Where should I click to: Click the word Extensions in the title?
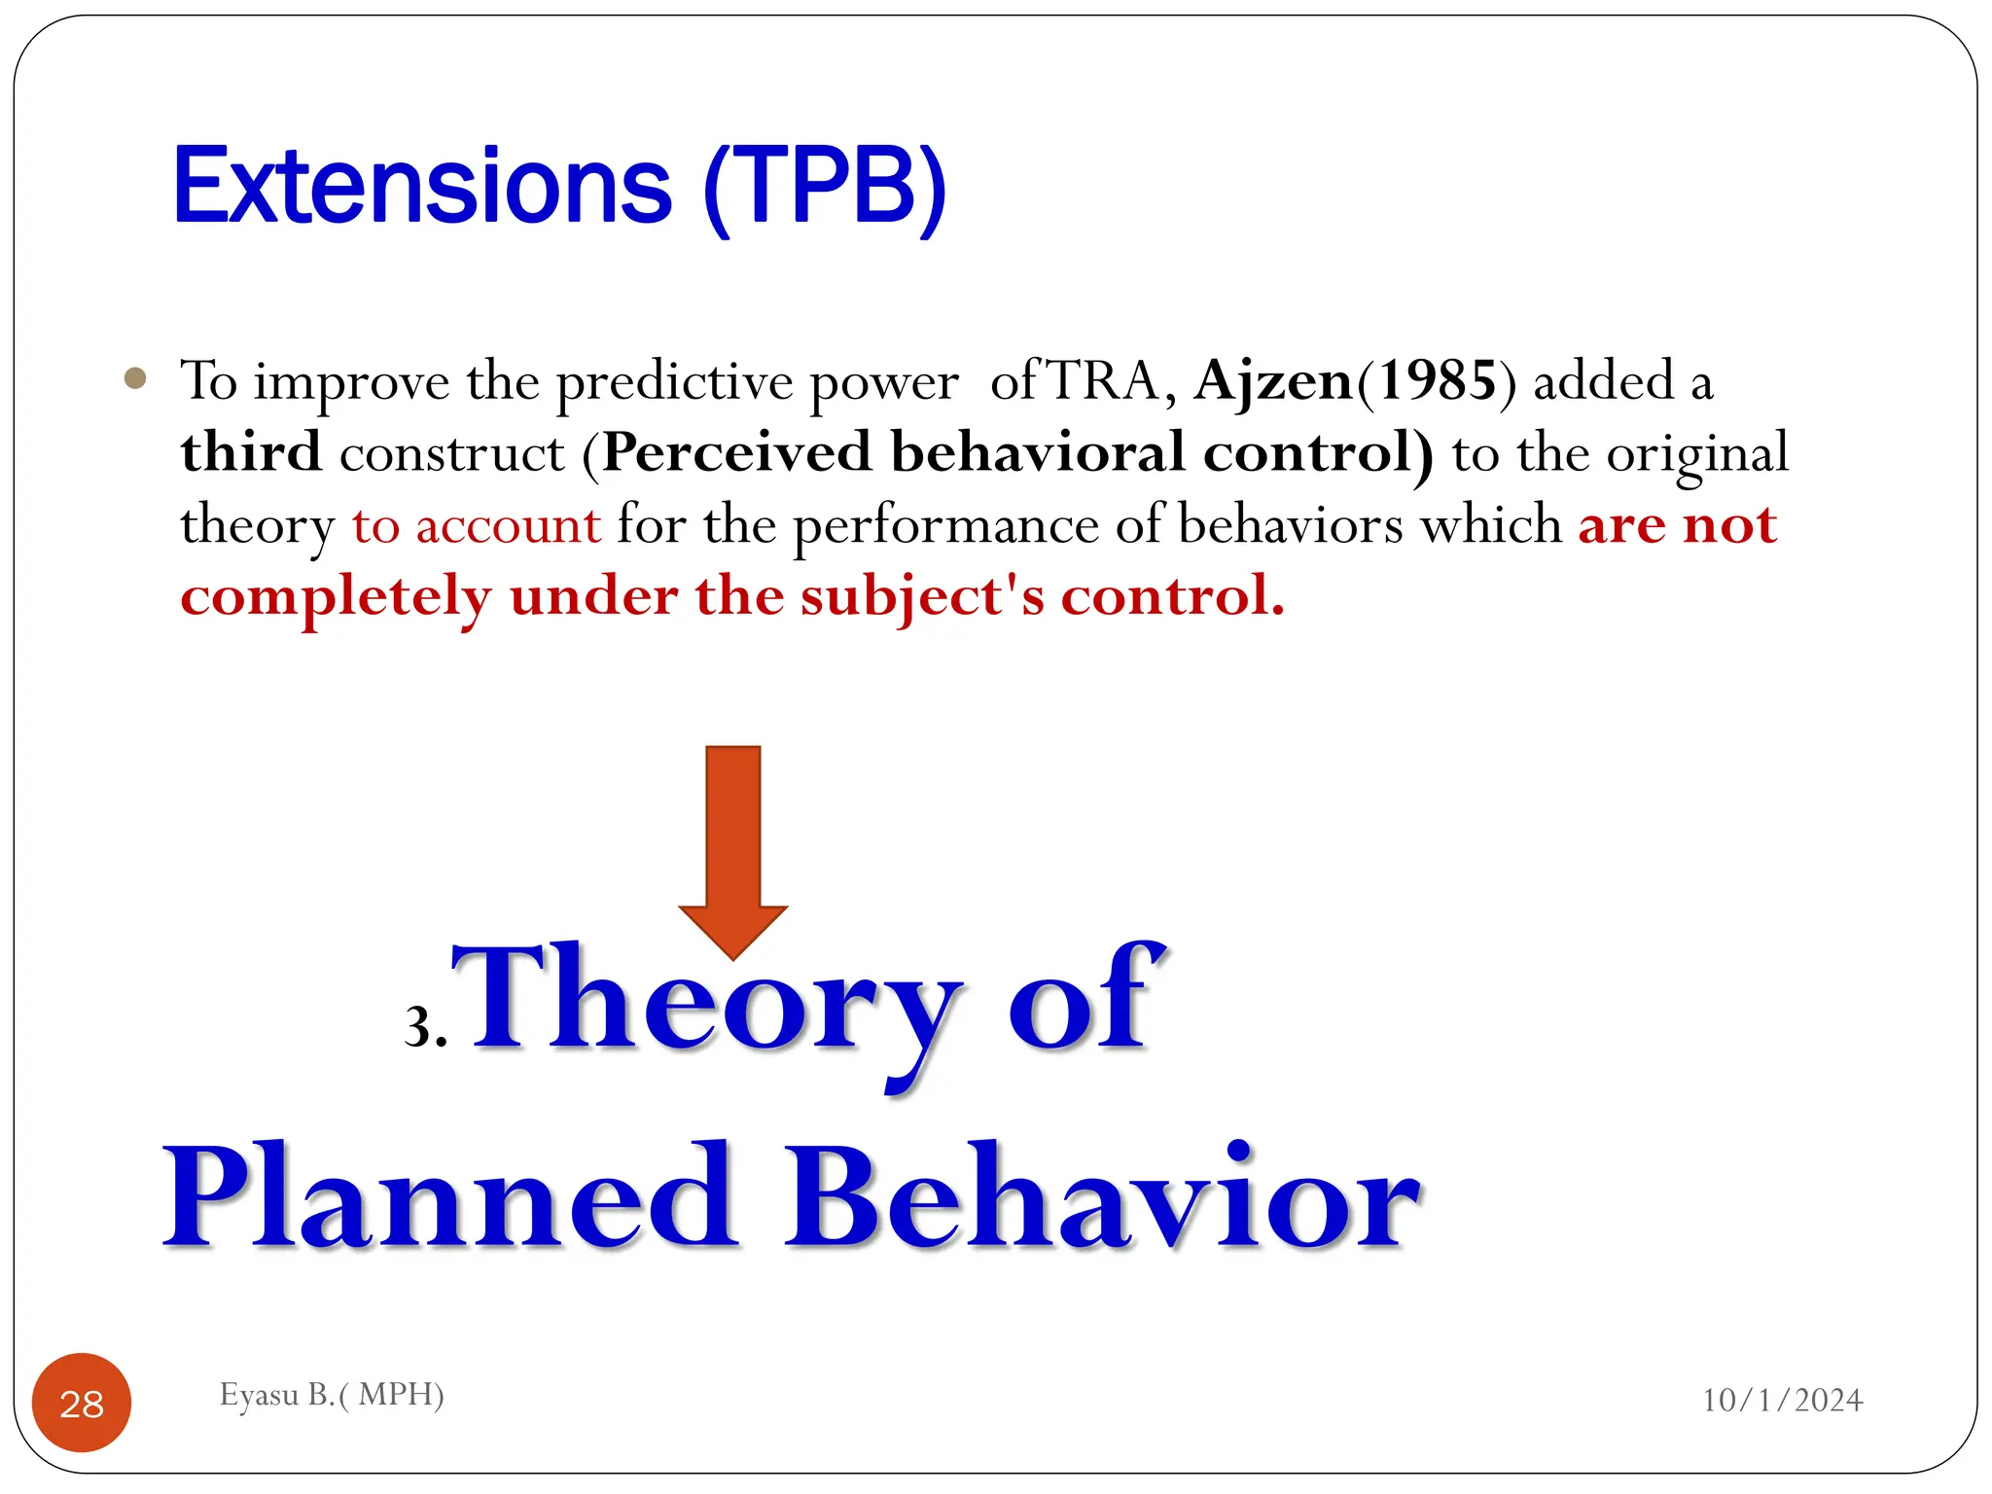click(x=422, y=187)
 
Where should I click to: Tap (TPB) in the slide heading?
click(x=825, y=189)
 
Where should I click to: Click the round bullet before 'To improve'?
click(x=136, y=378)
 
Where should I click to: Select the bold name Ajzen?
click(x=1273, y=381)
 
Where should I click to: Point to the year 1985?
click(x=1437, y=381)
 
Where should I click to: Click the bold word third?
click(x=251, y=452)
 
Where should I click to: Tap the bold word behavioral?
click(x=1038, y=452)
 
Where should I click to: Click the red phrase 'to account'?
click(x=477, y=525)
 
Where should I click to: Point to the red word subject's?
click(x=922, y=597)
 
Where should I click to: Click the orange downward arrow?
click(x=732, y=846)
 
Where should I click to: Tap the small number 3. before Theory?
click(x=425, y=1027)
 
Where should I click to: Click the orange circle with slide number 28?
click(x=82, y=1403)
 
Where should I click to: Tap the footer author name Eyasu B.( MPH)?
click(x=332, y=1395)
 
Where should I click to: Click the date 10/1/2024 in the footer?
click(x=1782, y=1400)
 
